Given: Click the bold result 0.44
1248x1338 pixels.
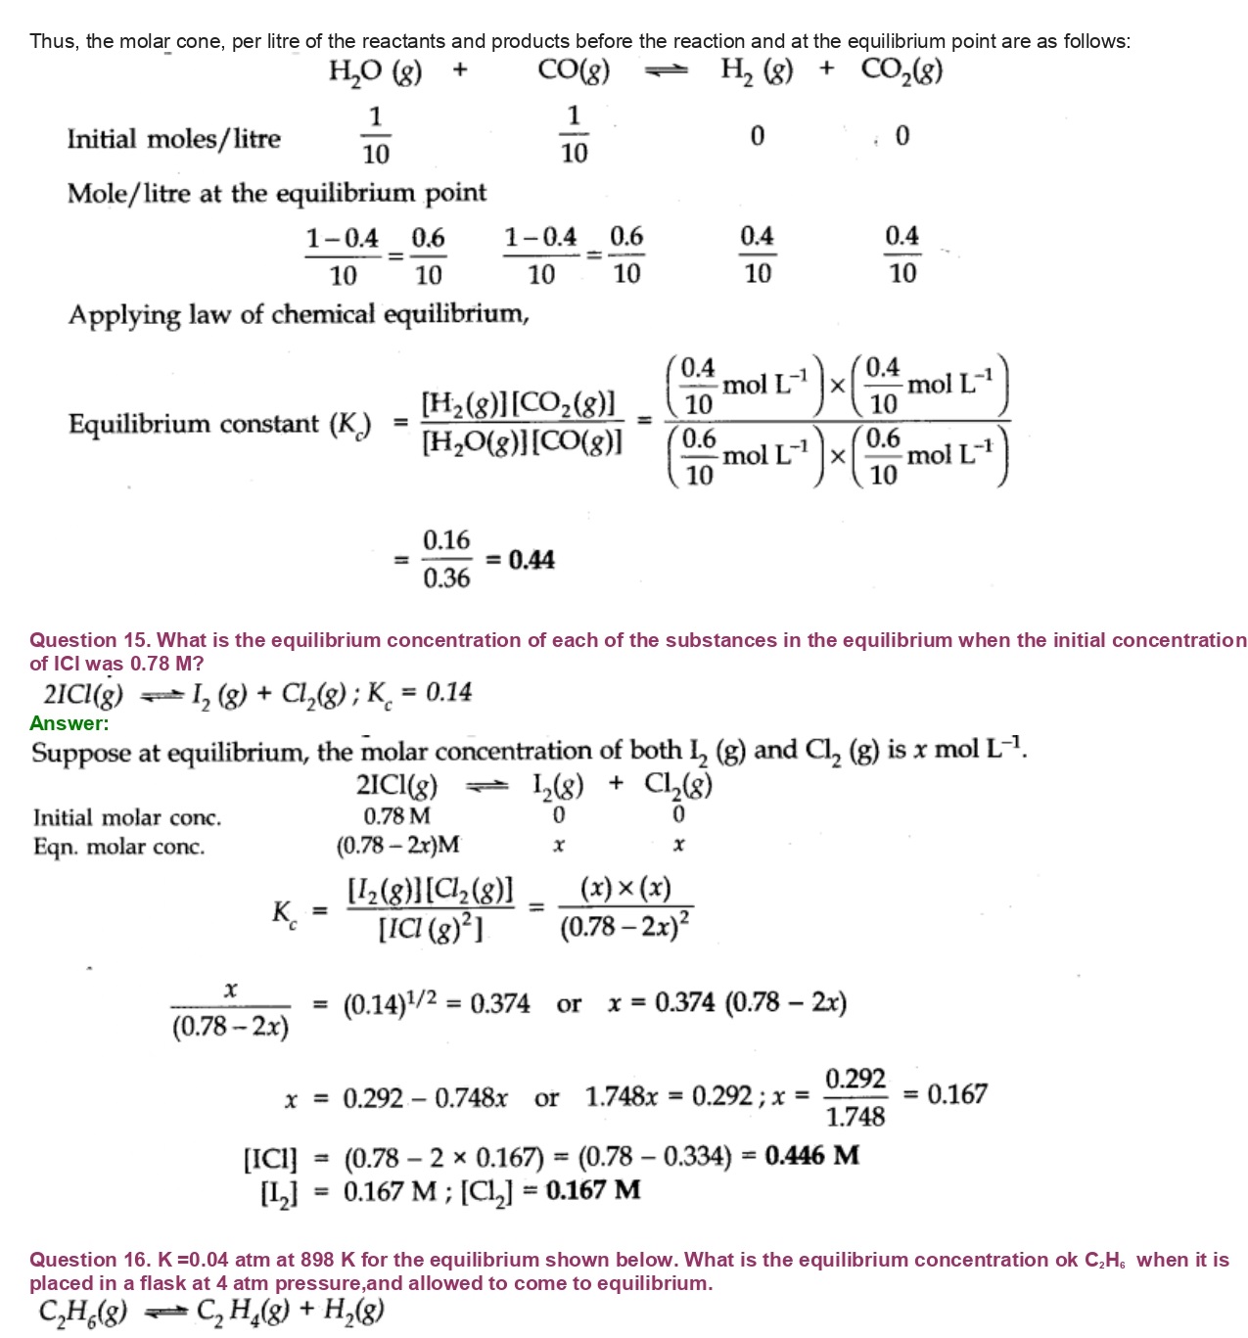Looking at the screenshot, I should [532, 560].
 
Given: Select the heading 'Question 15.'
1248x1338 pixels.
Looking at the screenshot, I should [89, 640].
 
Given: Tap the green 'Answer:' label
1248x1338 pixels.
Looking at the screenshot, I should [69, 723].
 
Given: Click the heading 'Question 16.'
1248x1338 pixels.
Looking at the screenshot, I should [89, 1260].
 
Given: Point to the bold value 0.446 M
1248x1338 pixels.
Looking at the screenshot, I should [811, 1156].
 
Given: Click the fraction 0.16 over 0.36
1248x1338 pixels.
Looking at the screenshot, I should [445, 559].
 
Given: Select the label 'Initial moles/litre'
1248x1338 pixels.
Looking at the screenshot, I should [173, 139].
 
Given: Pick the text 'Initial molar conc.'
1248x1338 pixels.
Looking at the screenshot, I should [127, 817].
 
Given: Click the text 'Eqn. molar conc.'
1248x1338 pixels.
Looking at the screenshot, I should [118, 847].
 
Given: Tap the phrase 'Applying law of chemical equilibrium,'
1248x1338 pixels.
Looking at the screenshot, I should [299, 315].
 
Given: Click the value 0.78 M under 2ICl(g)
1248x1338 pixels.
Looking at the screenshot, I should [396, 815].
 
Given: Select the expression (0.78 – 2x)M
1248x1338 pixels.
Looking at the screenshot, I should [397, 845].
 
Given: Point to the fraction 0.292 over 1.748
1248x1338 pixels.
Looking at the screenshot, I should [855, 1097].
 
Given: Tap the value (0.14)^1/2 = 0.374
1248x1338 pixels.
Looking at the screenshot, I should [437, 1004].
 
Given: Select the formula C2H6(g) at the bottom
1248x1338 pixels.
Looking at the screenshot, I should [83, 1312].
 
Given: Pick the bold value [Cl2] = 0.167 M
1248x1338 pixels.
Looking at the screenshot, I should [551, 1190].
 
